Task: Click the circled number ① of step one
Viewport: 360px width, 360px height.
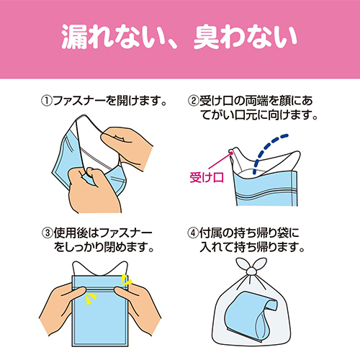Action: pos(46,101)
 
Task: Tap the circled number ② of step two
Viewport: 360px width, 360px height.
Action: pos(193,101)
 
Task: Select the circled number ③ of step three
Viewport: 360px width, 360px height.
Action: pos(48,233)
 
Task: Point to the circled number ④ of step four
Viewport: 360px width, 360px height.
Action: pos(193,233)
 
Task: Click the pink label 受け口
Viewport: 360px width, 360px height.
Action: pos(207,177)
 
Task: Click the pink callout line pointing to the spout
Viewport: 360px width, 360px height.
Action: pos(219,161)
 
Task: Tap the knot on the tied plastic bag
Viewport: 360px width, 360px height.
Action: pos(251,271)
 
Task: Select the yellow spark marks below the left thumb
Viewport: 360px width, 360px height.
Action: pos(91,298)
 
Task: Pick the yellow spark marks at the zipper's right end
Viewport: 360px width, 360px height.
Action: pos(126,280)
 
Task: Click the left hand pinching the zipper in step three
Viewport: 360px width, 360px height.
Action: pos(61,307)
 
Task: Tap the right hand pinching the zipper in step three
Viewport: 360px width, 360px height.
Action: pos(138,307)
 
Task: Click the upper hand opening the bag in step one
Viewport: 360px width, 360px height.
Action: pos(127,147)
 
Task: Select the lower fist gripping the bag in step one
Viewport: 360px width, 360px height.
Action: pos(95,190)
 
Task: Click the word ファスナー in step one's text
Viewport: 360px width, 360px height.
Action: pos(79,101)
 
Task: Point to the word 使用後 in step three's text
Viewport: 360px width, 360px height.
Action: pos(71,233)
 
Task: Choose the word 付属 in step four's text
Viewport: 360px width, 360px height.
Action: pos(211,233)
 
